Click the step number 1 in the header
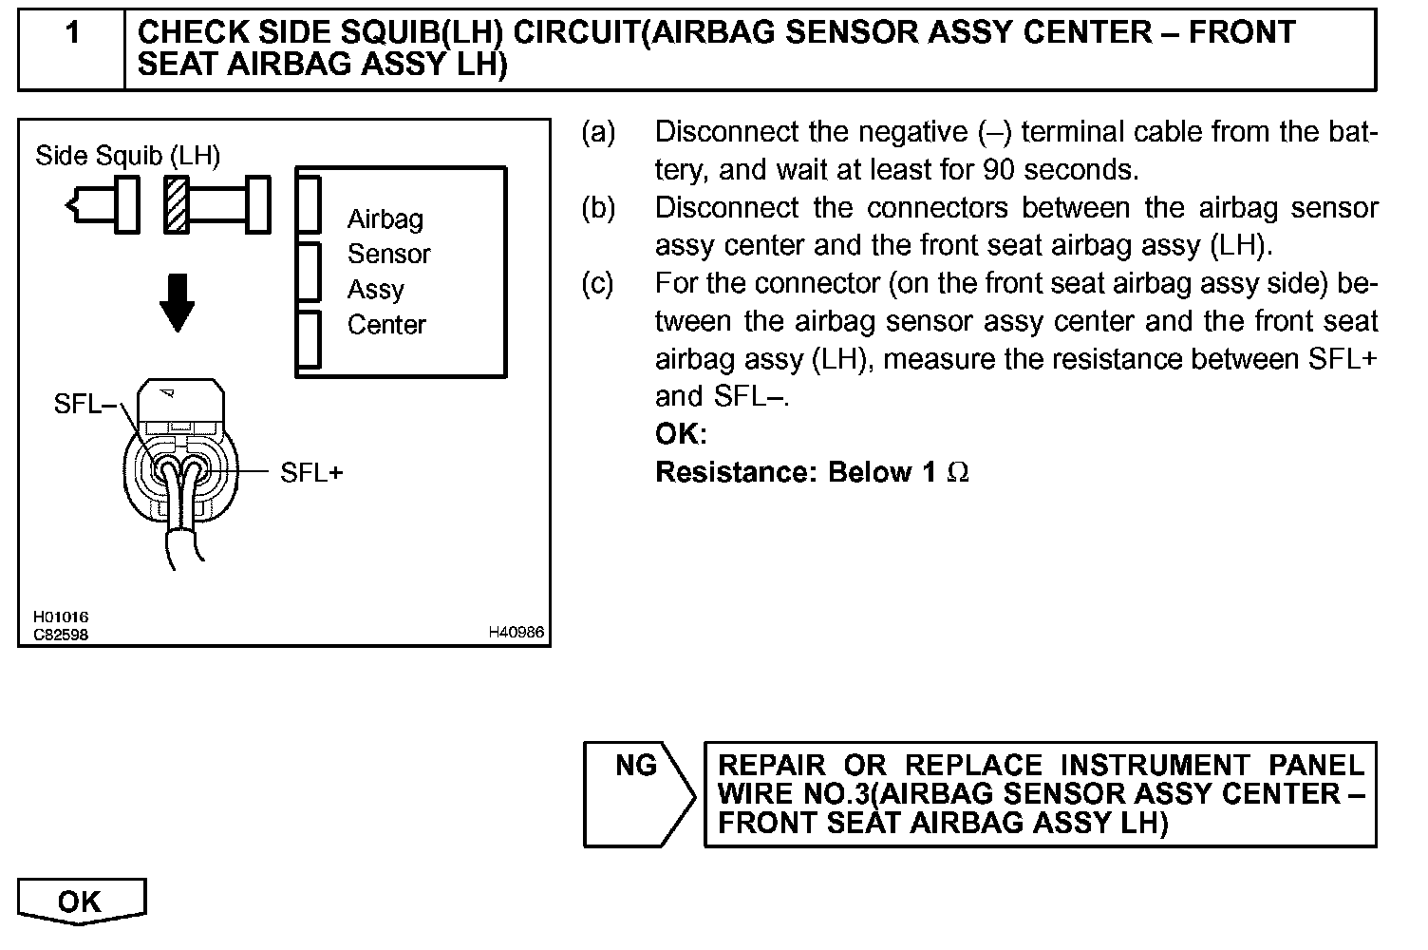[72, 34]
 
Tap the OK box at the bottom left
[80, 901]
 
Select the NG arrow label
[636, 766]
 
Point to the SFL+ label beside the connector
[311, 472]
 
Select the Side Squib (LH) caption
[127, 155]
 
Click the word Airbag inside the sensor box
[385, 219]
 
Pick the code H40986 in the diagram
[517, 632]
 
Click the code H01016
[61, 617]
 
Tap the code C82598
[61, 634]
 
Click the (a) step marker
[598, 132]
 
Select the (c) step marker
[598, 283]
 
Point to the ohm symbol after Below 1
[958, 472]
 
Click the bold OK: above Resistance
[681, 435]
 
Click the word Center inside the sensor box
[386, 325]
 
